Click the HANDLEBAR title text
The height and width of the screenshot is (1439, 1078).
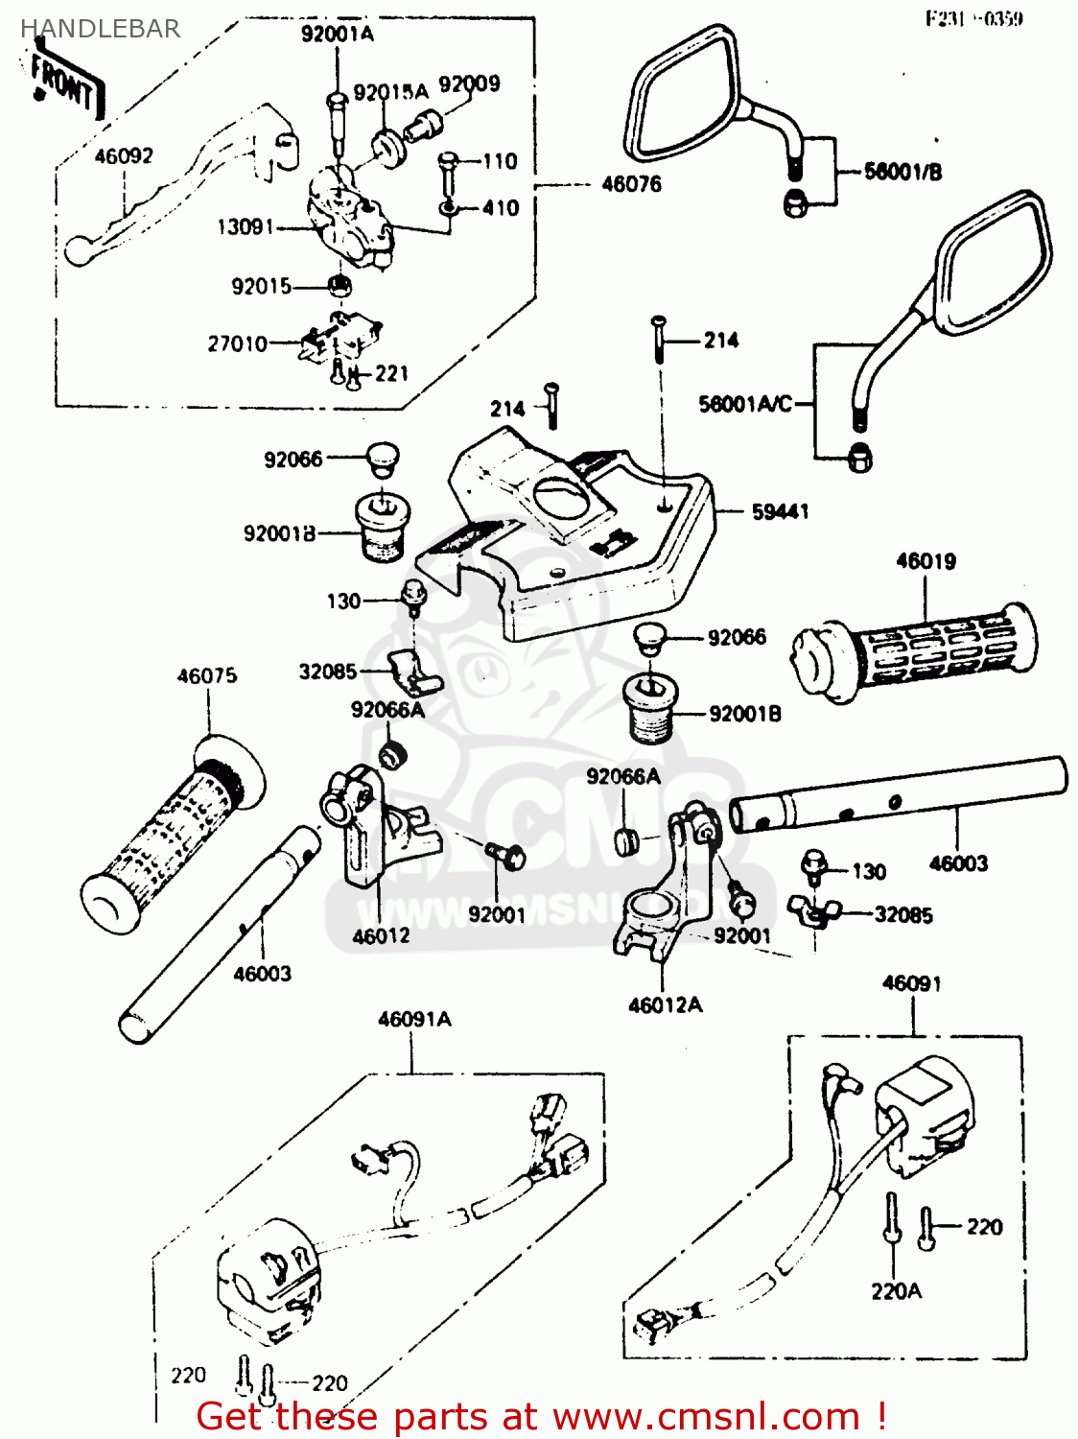(100, 29)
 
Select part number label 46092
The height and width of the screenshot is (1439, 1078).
(123, 155)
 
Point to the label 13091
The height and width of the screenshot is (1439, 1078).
(246, 227)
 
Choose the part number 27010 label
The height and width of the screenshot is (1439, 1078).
(237, 343)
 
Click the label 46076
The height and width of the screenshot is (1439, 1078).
(631, 184)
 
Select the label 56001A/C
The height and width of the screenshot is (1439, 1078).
(745, 404)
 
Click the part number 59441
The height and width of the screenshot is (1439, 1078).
(780, 512)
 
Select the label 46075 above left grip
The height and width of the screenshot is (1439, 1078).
(206, 676)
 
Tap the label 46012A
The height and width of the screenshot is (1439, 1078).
(665, 1005)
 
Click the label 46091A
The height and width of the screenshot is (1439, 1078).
(413, 1020)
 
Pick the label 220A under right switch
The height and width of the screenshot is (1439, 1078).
(896, 1291)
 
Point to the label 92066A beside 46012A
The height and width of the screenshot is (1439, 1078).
(623, 776)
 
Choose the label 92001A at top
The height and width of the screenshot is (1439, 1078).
(337, 35)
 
